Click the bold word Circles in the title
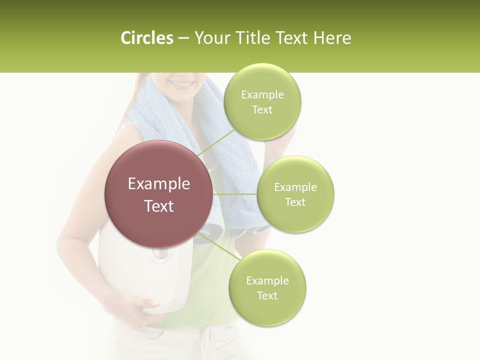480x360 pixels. tap(146, 38)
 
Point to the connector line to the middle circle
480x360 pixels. tap(235, 194)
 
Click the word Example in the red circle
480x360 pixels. tap(159, 184)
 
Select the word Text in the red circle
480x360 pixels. tap(159, 206)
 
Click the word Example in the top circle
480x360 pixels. tap(262, 95)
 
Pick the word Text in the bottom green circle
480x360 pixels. tap(267, 295)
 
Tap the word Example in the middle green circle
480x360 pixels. tap(295, 187)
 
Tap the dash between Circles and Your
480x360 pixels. tap(183, 38)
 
